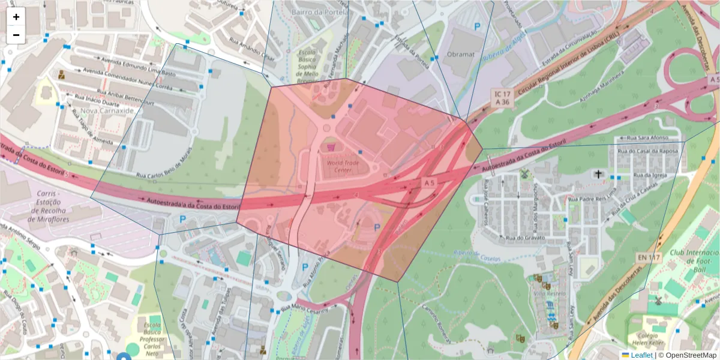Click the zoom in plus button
point(16,17)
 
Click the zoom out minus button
point(16,35)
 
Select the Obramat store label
point(461,54)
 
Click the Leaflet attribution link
point(641,355)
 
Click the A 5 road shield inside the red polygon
point(428,182)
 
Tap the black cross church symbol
point(598,174)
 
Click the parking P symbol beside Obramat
point(478,26)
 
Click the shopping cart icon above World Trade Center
point(329,147)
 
